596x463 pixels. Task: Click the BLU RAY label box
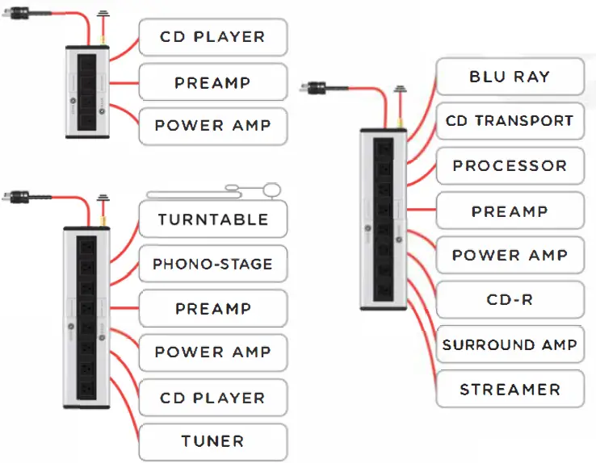[509, 77]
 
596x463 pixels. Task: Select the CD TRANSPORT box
[509, 122]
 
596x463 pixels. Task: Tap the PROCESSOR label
[509, 166]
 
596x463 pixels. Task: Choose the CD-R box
[509, 300]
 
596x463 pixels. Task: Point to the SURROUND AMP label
[509, 345]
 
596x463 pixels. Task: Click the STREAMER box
[509, 390]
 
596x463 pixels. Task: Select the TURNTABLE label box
[212, 219]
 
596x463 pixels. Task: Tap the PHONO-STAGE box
[212, 264]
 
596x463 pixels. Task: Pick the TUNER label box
[212, 441]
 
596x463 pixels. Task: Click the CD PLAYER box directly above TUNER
[212, 398]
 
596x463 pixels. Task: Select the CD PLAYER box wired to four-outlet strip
[212, 37]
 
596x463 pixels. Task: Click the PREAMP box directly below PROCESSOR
[509, 211]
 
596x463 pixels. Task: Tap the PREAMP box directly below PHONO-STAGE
[212, 309]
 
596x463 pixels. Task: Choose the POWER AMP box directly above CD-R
[509, 256]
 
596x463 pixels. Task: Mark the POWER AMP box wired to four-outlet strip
[212, 126]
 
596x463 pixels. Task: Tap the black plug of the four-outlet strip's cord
[16, 14]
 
